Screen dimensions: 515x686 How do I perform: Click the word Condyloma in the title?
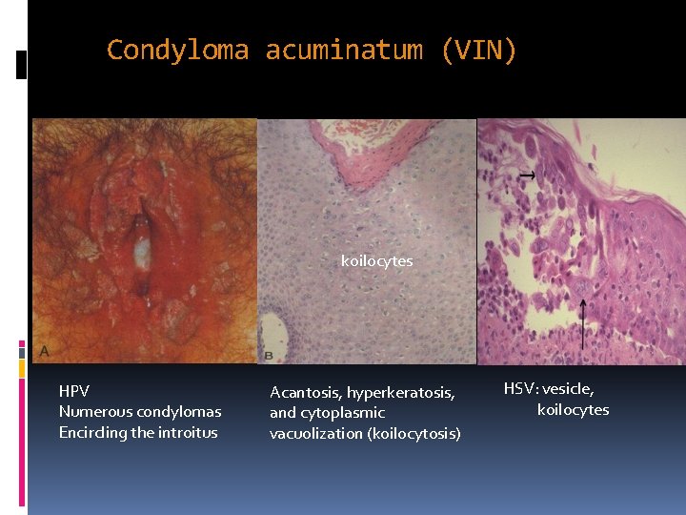tap(177, 50)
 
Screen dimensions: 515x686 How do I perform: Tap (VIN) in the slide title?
tap(479, 50)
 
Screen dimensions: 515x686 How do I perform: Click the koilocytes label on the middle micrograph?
tap(377, 260)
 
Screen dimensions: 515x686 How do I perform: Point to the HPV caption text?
tap(74, 391)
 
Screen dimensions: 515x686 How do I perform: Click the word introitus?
tap(187, 433)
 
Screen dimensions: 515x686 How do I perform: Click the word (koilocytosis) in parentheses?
tap(413, 434)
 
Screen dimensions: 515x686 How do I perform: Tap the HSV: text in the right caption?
tap(523, 388)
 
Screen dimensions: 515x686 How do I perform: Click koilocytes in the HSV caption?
tap(573, 410)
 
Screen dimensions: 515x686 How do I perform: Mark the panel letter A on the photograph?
tap(44, 352)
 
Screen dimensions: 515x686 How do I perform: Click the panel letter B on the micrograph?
tap(268, 355)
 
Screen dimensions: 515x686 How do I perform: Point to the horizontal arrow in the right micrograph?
tap(525, 175)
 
